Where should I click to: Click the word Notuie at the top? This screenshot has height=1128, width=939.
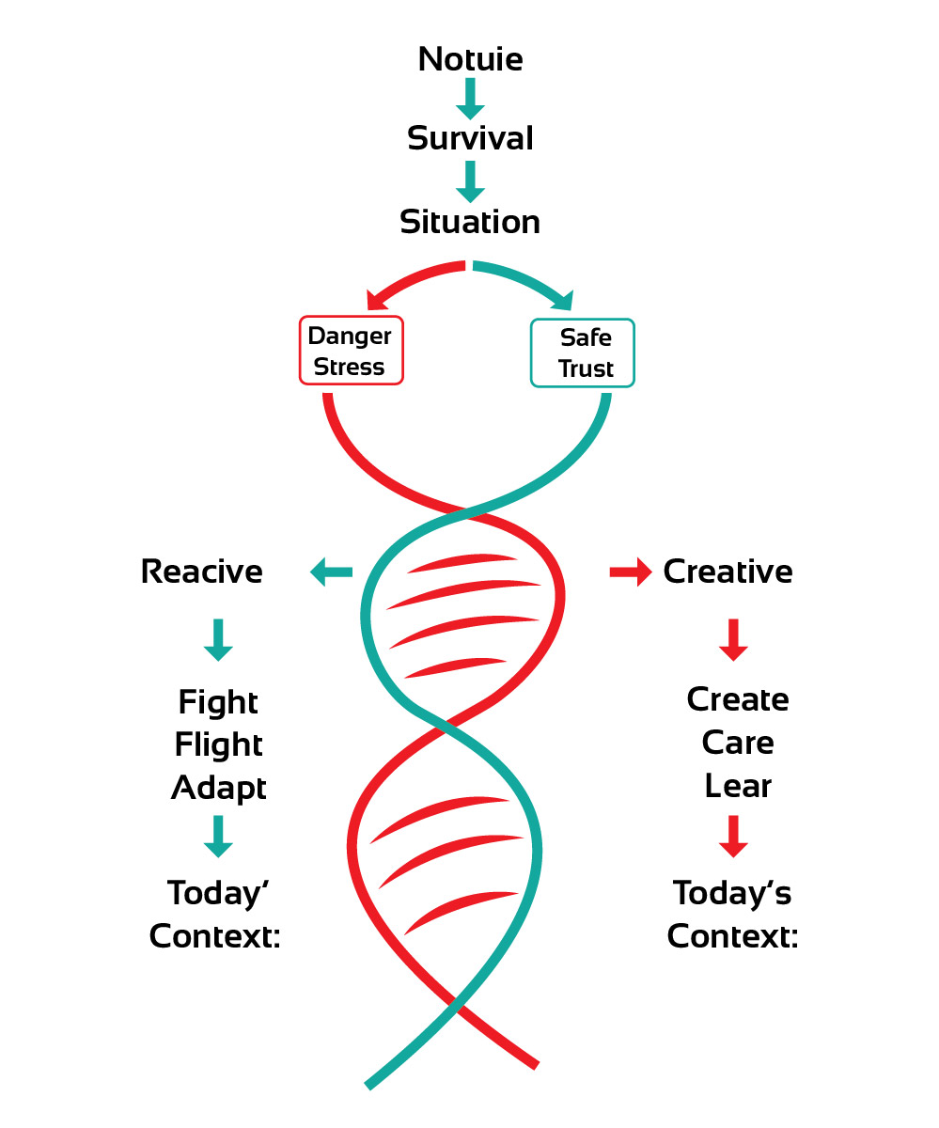tap(470, 59)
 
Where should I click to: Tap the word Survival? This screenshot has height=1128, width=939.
tap(470, 138)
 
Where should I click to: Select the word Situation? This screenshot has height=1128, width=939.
tap(470, 222)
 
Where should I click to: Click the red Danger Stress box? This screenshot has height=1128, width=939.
tap(351, 351)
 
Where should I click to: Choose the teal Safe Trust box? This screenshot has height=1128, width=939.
tap(583, 352)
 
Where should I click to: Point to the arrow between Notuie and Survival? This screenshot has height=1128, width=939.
tap(470, 98)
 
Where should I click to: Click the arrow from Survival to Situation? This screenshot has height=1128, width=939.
tap(470, 180)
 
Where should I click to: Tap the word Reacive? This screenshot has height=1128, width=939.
tap(201, 572)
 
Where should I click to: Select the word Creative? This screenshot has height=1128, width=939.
tap(728, 572)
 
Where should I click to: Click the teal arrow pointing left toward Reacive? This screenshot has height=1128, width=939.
tap(331, 572)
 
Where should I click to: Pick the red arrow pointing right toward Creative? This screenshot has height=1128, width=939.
tap(631, 572)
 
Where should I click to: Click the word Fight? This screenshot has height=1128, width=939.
tap(218, 702)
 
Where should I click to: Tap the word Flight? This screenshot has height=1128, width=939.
tap(218, 744)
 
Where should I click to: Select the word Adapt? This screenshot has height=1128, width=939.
tap(218, 788)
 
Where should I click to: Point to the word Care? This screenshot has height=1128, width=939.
tap(738, 743)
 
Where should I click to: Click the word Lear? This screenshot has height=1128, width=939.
tap(738, 786)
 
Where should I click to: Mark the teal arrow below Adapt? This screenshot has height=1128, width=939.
tap(218, 836)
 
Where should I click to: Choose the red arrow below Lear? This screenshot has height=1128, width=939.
tap(733, 836)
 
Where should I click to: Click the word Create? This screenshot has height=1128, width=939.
tap(738, 699)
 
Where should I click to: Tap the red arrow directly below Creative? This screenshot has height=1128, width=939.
tap(733, 639)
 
